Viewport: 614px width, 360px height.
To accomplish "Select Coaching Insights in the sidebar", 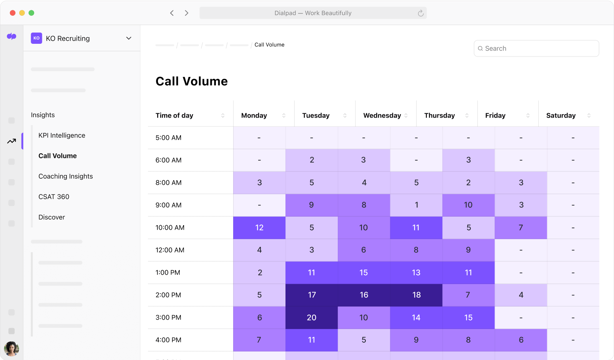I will [x=66, y=176].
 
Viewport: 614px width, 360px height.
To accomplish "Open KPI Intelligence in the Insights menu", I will [x=62, y=135].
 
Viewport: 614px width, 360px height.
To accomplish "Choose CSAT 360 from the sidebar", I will [x=54, y=197].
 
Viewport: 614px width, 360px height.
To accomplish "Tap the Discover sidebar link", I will [x=51, y=217].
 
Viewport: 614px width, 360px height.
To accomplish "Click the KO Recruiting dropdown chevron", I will [x=129, y=38].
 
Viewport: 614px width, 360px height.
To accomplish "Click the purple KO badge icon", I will [x=37, y=38].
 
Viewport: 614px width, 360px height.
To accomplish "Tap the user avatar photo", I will [x=12, y=349].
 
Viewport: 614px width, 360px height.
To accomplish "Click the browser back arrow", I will [x=172, y=13].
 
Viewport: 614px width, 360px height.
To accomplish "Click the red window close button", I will [x=12, y=13].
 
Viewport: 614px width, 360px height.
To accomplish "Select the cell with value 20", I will [x=312, y=317].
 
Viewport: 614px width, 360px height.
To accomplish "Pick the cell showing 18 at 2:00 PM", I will [x=416, y=295].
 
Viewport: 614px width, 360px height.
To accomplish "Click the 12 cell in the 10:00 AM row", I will [x=259, y=227].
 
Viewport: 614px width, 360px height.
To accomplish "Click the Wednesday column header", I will [x=382, y=116].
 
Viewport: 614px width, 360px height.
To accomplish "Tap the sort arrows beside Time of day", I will [x=223, y=116].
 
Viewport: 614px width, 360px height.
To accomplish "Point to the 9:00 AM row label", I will [x=168, y=205].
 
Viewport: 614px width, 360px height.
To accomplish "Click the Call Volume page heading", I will [x=191, y=81].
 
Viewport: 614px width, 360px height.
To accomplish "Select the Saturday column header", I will [x=561, y=116].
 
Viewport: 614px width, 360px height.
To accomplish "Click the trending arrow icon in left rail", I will [x=12, y=141].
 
